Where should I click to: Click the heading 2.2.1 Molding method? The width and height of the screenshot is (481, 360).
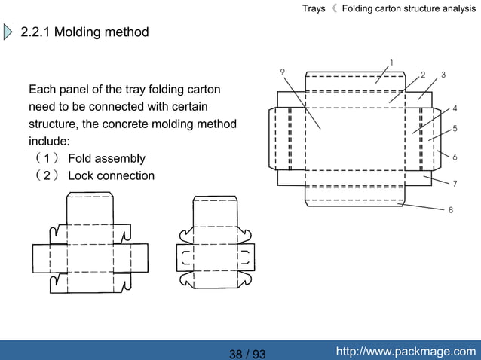84,32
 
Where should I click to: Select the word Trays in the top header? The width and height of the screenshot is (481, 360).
314,8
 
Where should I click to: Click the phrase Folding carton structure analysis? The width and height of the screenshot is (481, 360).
409,8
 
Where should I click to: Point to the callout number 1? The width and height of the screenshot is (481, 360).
391,62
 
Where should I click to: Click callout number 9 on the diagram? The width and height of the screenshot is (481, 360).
282,72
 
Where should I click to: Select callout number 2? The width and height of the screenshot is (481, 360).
423,75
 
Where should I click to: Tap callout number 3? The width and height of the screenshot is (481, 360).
443,75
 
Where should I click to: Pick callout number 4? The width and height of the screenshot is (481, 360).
455,108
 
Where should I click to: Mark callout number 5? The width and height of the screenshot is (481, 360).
455,129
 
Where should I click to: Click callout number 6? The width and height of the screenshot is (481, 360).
455,157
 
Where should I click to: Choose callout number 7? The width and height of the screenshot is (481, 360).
455,183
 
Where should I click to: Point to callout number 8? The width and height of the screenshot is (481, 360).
451,210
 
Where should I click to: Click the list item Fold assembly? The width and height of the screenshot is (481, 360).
106,158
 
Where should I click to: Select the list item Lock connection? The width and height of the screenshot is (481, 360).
111,175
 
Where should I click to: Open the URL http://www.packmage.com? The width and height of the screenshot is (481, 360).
406,351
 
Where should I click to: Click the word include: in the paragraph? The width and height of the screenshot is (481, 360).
49,141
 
